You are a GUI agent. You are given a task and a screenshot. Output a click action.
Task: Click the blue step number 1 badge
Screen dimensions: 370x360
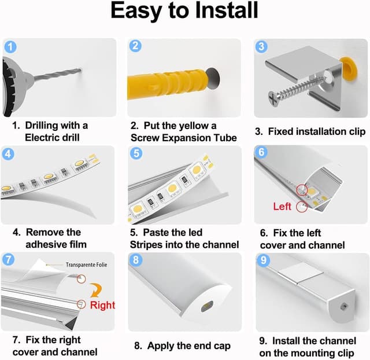(x=10, y=47)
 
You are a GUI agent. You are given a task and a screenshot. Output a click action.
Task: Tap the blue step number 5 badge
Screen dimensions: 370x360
(x=136, y=153)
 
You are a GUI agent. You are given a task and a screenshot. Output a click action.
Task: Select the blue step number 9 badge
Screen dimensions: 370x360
(x=264, y=260)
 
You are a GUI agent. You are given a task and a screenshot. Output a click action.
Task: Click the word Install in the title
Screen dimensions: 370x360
(x=227, y=10)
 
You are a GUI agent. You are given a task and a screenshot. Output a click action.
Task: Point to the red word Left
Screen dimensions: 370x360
(x=282, y=207)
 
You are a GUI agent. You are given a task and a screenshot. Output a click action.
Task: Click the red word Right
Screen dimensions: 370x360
(x=102, y=305)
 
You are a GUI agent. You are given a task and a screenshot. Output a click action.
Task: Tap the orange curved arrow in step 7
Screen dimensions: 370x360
(x=96, y=290)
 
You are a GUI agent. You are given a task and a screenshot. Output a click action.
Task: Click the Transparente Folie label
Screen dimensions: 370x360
(x=86, y=265)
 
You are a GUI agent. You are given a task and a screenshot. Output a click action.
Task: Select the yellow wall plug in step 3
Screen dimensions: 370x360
(x=349, y=68)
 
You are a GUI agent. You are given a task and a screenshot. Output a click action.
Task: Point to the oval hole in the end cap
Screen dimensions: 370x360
(x=207, y=306)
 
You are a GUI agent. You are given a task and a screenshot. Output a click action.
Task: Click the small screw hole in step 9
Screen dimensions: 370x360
(x=342, y=307)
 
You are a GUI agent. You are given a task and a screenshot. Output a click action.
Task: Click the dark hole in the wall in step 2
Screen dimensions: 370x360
(x=213, y=79)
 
